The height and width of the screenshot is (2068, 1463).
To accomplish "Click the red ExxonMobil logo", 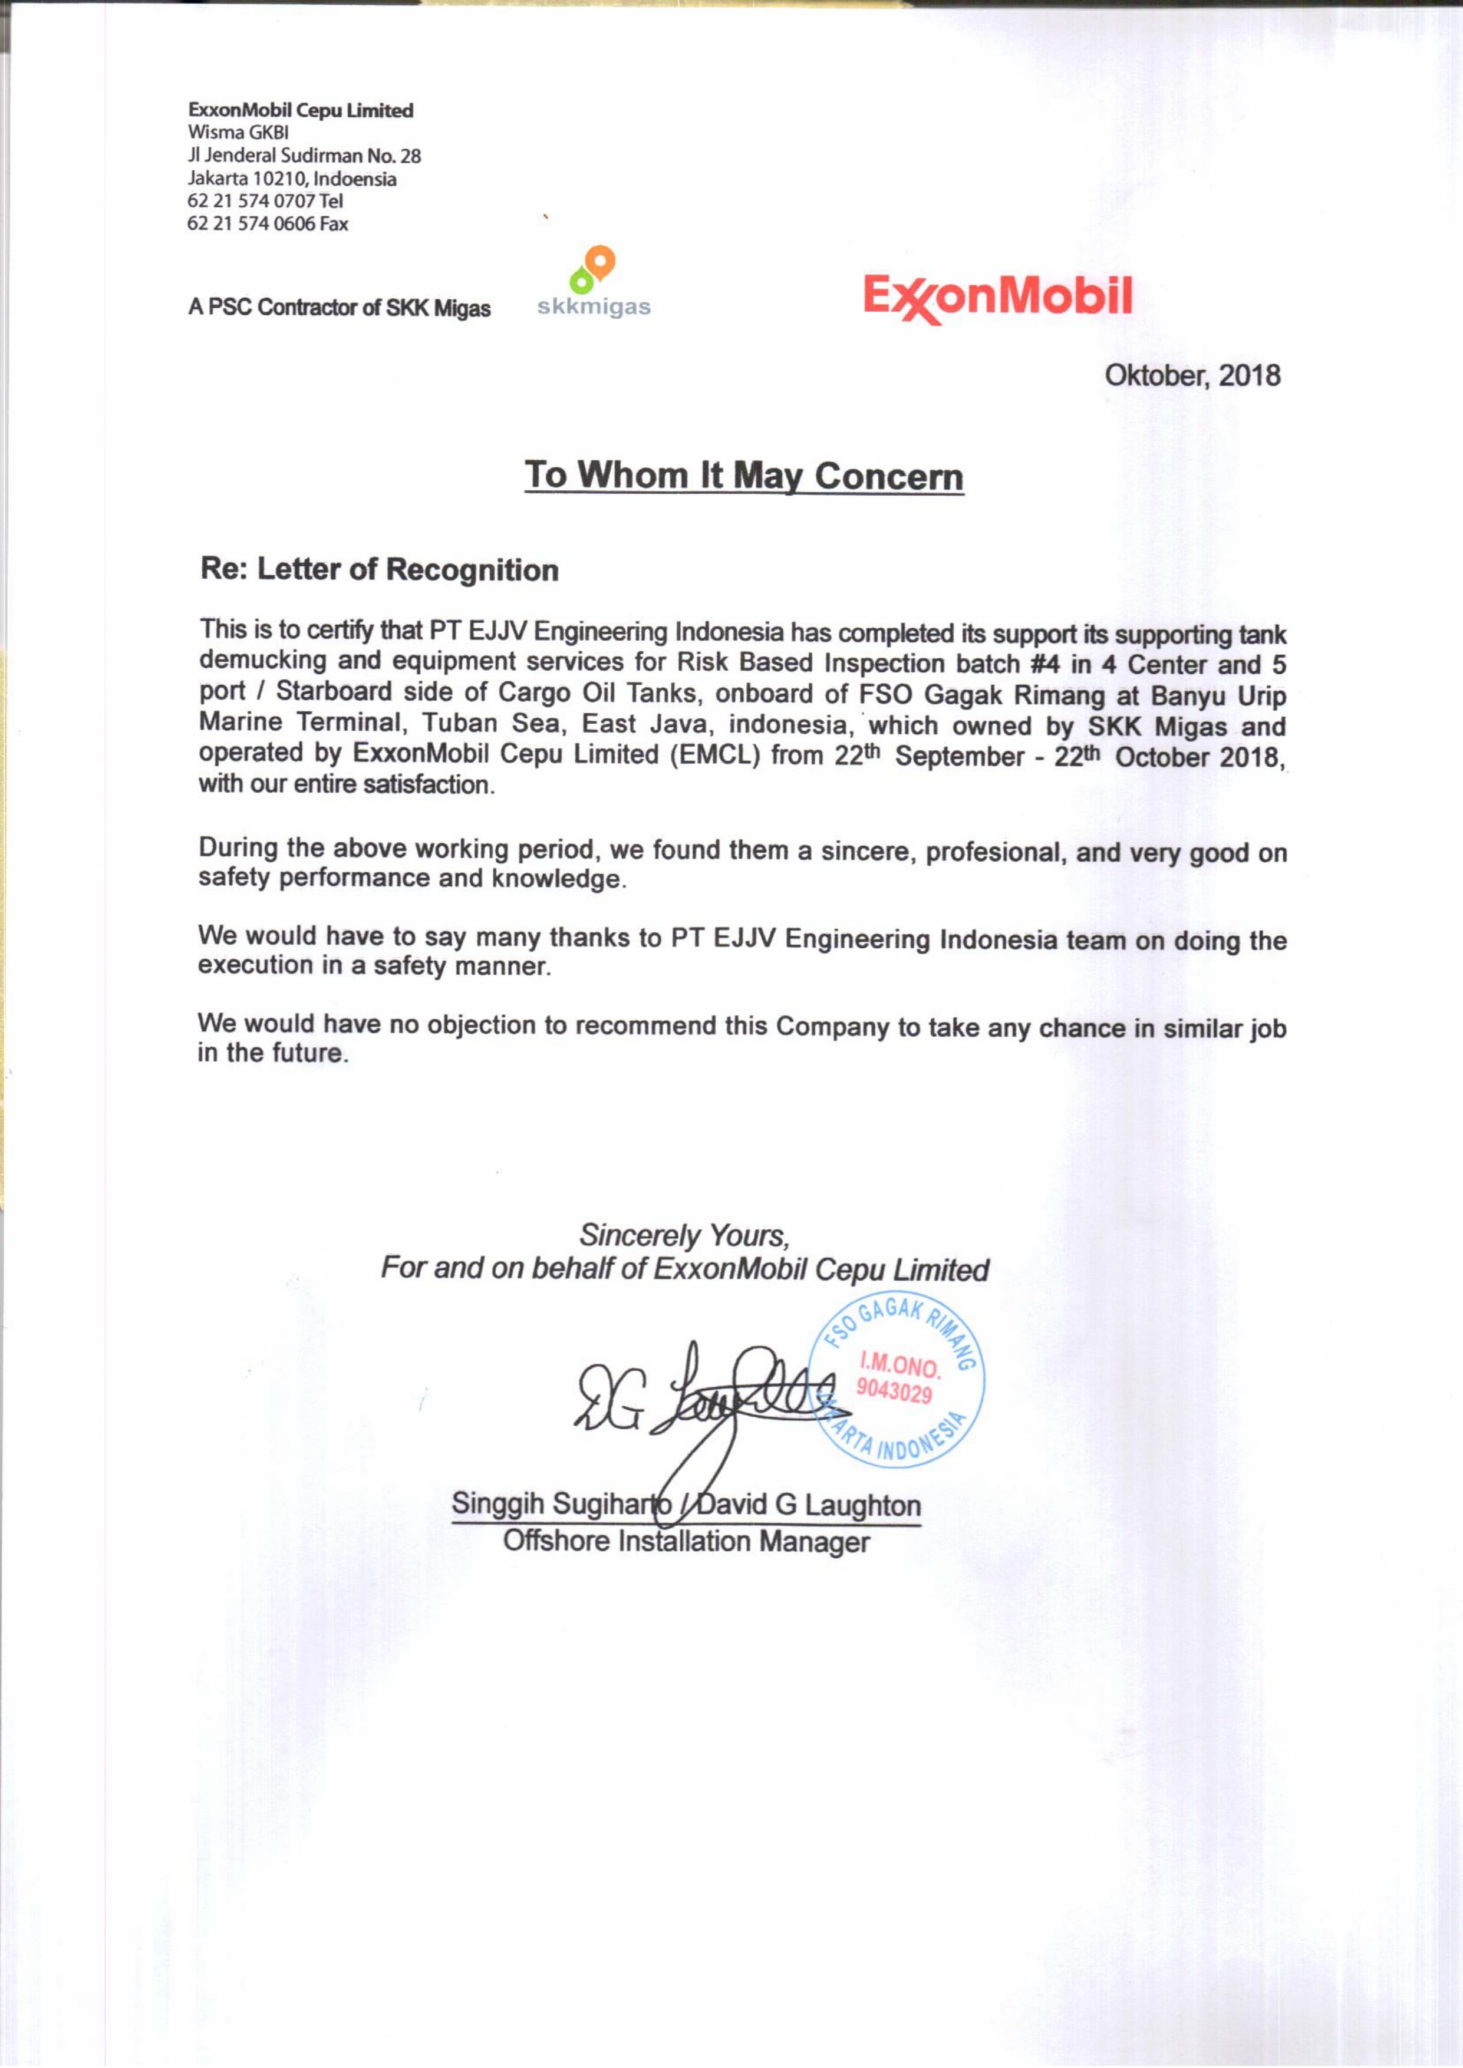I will [x=997, y=297].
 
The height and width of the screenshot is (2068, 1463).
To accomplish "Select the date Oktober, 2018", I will [x=1192, y=375].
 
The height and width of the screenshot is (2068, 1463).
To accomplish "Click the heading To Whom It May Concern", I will [x=744, y=476].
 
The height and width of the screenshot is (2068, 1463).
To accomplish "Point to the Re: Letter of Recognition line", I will [x=379, y=570].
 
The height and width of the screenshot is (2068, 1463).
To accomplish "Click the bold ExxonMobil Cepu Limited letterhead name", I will [x=301, y=110].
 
